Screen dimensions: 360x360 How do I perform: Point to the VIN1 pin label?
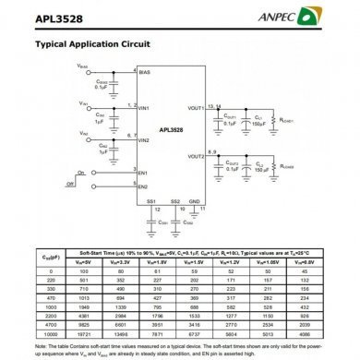click(x=144, y=108)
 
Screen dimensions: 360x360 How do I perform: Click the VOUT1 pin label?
click(x=195, y=108)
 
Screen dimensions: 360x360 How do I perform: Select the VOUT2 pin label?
click(x=195, y=157)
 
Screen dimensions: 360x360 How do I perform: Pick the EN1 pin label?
click(x=143, y=173)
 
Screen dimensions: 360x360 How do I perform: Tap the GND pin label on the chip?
click(x=194, y=200)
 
